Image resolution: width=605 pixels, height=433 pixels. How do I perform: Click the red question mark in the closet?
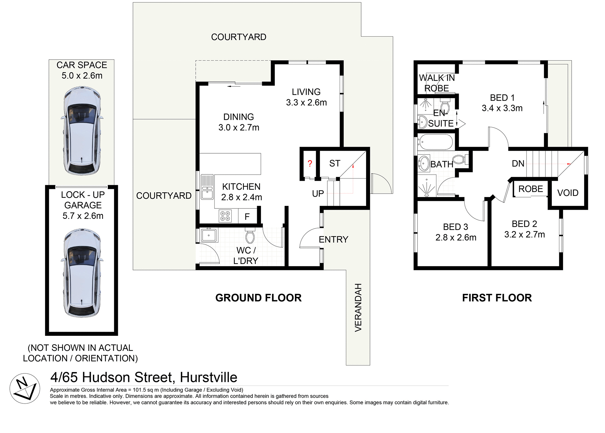(x=310, y=163)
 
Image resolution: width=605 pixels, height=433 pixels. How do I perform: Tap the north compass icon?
(x=25, y=388)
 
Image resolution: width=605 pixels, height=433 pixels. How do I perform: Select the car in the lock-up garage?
(x=82, y=273)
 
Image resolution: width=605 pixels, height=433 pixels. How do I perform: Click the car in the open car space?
(x=82, y=131)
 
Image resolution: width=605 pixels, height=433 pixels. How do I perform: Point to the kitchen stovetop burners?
(x=225, y=216)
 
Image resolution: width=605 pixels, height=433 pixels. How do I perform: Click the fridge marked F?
(x=247, y=216)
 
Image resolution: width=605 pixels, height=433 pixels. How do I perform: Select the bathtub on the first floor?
(x=435, y=143)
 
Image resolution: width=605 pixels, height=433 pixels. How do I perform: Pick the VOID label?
(x=568, y=193)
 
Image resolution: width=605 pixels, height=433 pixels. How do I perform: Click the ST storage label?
(x=335, y=163)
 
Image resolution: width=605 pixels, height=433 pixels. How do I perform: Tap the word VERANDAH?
(x=358, y=307)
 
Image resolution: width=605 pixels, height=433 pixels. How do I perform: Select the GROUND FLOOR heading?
(x=258, y=298)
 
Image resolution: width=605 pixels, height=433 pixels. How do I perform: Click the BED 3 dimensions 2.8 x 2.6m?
(x=456, y=237)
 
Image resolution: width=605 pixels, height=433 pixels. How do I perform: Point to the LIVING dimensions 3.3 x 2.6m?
(x=306, y=102)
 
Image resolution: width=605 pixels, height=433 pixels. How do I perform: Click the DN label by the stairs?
(x=518, y=163)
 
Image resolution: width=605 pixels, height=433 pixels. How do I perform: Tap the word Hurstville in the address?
(x=208, y=377)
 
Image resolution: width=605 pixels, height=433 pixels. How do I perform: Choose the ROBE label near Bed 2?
(x=531, y=189)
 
